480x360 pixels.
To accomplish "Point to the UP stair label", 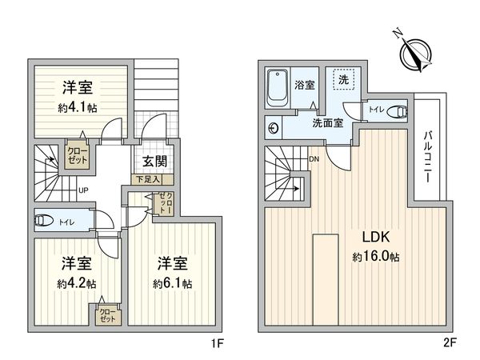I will pyautogui.click(x=82, y=190).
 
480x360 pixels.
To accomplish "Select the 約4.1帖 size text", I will pyautogui.click(x=78, y=108).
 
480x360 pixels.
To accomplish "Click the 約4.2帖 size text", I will pyautogui.click(x=77, y=283).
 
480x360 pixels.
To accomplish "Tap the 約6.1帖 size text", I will pyautogui.click(x=173, y=283).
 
